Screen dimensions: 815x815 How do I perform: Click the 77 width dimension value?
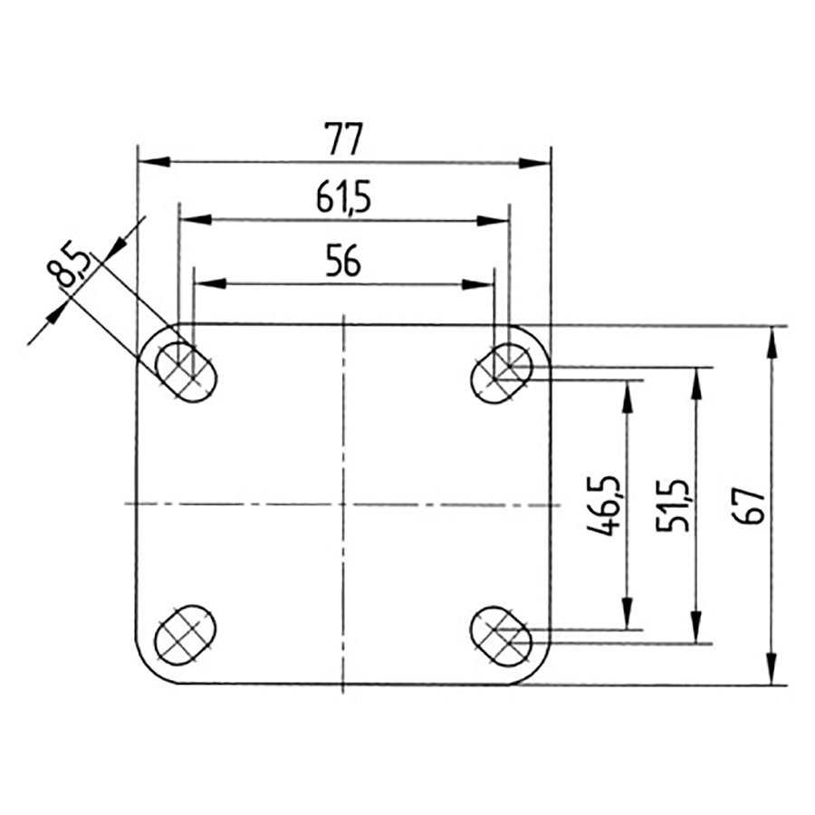(x=342, y=140)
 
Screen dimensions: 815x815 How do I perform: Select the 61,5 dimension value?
(x=344, y=197)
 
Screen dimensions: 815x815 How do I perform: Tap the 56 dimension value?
(x=343, y=262)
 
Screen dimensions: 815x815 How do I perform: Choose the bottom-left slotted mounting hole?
(x=187, y=632)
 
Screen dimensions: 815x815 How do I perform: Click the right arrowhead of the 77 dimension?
(x=535, y=163)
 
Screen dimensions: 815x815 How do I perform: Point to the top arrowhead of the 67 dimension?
(x=772, y=340)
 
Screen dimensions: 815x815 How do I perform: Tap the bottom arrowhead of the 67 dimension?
(x=772, y=670)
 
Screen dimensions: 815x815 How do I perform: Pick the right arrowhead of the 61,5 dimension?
(x=494, y=220)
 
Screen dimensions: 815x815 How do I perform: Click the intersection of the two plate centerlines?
(x=344, y=503)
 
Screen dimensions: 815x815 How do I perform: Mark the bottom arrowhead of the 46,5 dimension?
(x=624, y=616)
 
